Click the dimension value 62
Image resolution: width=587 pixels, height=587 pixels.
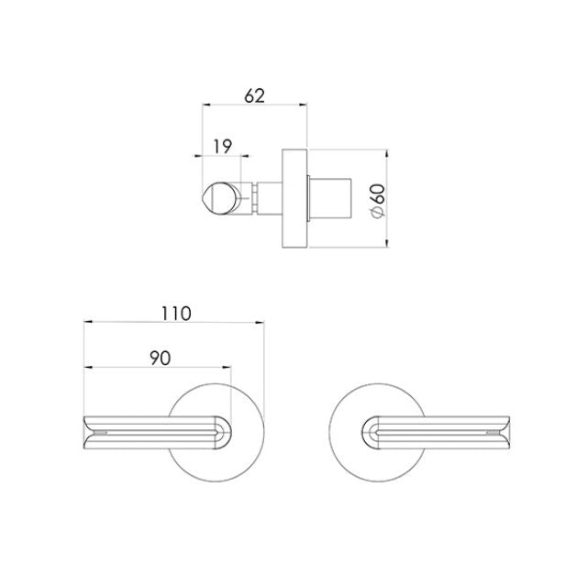point(255,94)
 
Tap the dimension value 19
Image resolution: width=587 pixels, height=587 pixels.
point(221,145)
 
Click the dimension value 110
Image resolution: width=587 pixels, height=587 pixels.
point(174,312)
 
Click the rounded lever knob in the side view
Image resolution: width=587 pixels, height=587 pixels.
point(221,196)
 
